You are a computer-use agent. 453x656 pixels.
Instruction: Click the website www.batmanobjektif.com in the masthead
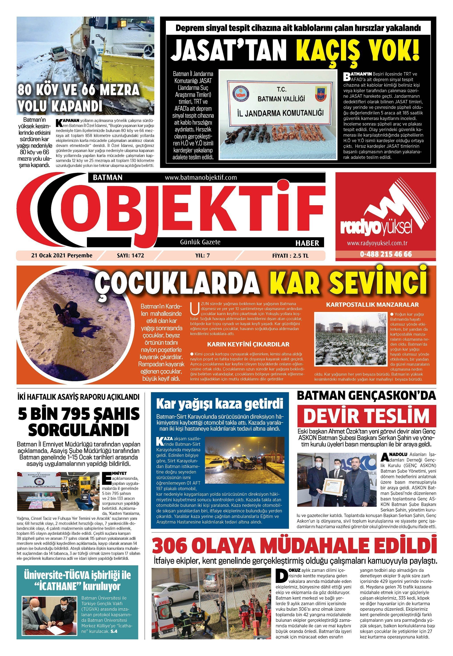click(201, 177)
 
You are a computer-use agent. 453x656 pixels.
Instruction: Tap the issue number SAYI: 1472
click(130, 255)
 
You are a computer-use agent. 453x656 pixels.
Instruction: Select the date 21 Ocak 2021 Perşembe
click(62, 255)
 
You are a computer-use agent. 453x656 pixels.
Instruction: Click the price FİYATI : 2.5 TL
click(290, 255)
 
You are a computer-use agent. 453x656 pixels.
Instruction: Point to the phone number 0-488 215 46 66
click(386, 254)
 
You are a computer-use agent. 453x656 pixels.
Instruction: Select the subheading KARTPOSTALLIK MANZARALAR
click(372, 305)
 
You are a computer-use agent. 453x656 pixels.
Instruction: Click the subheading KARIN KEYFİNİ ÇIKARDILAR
click(248, 344)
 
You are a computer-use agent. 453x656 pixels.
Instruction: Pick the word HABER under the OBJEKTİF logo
click(307, 243)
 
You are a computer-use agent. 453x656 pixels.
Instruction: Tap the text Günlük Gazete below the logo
click(200, 242)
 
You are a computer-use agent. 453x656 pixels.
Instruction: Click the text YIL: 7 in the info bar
click(203, 255)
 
